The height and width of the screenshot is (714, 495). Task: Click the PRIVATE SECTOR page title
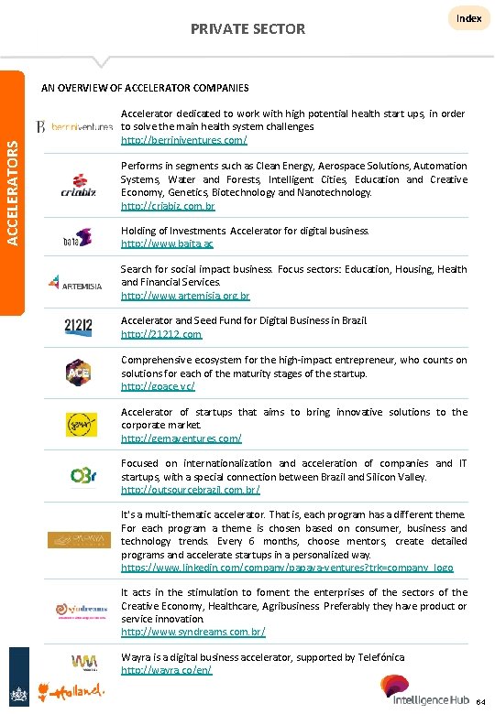tap(247, 29)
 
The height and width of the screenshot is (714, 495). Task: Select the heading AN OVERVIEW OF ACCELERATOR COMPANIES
tap(145, 88)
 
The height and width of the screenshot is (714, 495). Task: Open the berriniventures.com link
tap(183, 140)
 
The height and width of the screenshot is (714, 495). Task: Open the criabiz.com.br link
tap(167, 206)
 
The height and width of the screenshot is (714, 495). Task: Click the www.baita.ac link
tap(167, 244)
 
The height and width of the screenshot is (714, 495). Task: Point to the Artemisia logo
tap(76, 283)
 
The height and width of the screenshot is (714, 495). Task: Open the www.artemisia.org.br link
tap(185, 297)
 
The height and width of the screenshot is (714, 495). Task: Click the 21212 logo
tap(76, 327)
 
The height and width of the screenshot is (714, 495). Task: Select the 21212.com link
tap(161, 335)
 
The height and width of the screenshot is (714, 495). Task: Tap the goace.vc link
tap(158, 386)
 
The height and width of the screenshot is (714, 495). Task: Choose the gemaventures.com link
tap(181, 438)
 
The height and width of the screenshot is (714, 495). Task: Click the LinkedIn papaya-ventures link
tap(287, 568)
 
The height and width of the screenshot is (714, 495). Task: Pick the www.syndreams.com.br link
tap(193, 633)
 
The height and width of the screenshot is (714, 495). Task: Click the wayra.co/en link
tap(167, 670)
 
